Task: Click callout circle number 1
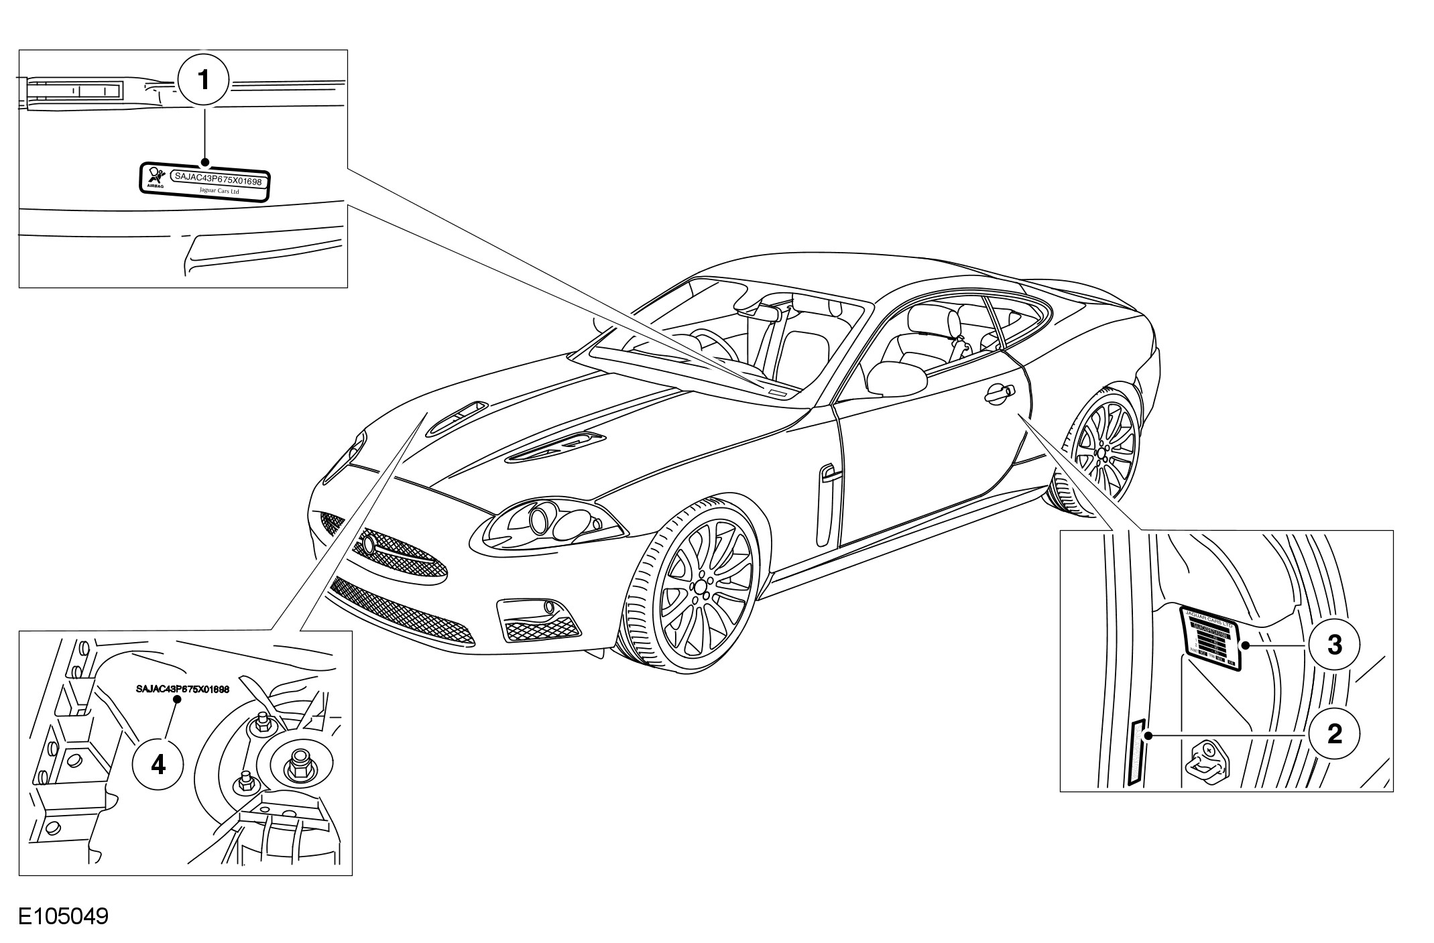click(204, 80)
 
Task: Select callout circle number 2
click(1334, 735)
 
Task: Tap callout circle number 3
click(1334, 645)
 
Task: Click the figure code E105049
click(63, 916)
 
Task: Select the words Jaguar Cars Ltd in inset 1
click(219, 191)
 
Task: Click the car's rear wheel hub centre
click(1102, 452)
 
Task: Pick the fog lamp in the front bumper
click(550, 607)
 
